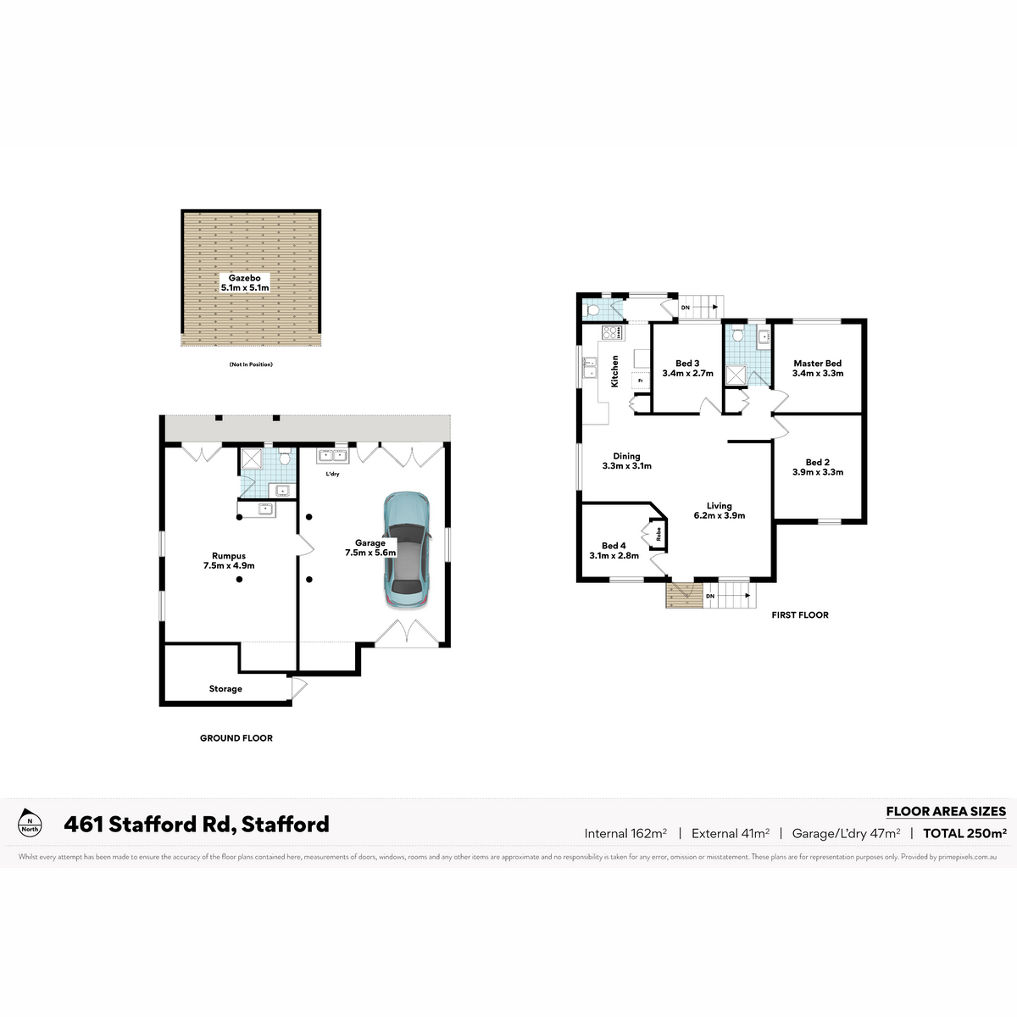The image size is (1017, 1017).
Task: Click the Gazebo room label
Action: coord(245,283)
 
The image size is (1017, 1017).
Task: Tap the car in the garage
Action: coord(407,550)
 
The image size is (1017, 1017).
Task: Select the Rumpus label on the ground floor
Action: coord(229,560)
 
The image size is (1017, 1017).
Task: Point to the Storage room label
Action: coord(225,689)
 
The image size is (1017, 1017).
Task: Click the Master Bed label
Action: coord(818,369)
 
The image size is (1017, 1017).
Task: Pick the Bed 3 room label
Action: coord(687,369)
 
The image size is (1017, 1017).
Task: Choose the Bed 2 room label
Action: coord(818,467)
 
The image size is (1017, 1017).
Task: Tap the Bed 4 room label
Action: coord(614,551)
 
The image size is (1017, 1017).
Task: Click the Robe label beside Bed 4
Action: coord(659,535)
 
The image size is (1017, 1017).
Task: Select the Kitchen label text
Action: coord(614,371)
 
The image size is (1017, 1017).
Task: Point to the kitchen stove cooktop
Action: coord(613,332)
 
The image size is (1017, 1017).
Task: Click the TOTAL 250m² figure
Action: coord(964,833)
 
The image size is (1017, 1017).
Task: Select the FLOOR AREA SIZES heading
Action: coord(947,812)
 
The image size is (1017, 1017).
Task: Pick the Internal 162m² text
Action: coord(625,833)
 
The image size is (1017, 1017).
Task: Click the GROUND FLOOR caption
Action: coord(236,738)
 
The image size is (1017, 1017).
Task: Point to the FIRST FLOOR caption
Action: coord(800,614)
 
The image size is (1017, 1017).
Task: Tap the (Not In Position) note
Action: coord(251,364)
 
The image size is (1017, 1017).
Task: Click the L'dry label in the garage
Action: coord(332,474)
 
